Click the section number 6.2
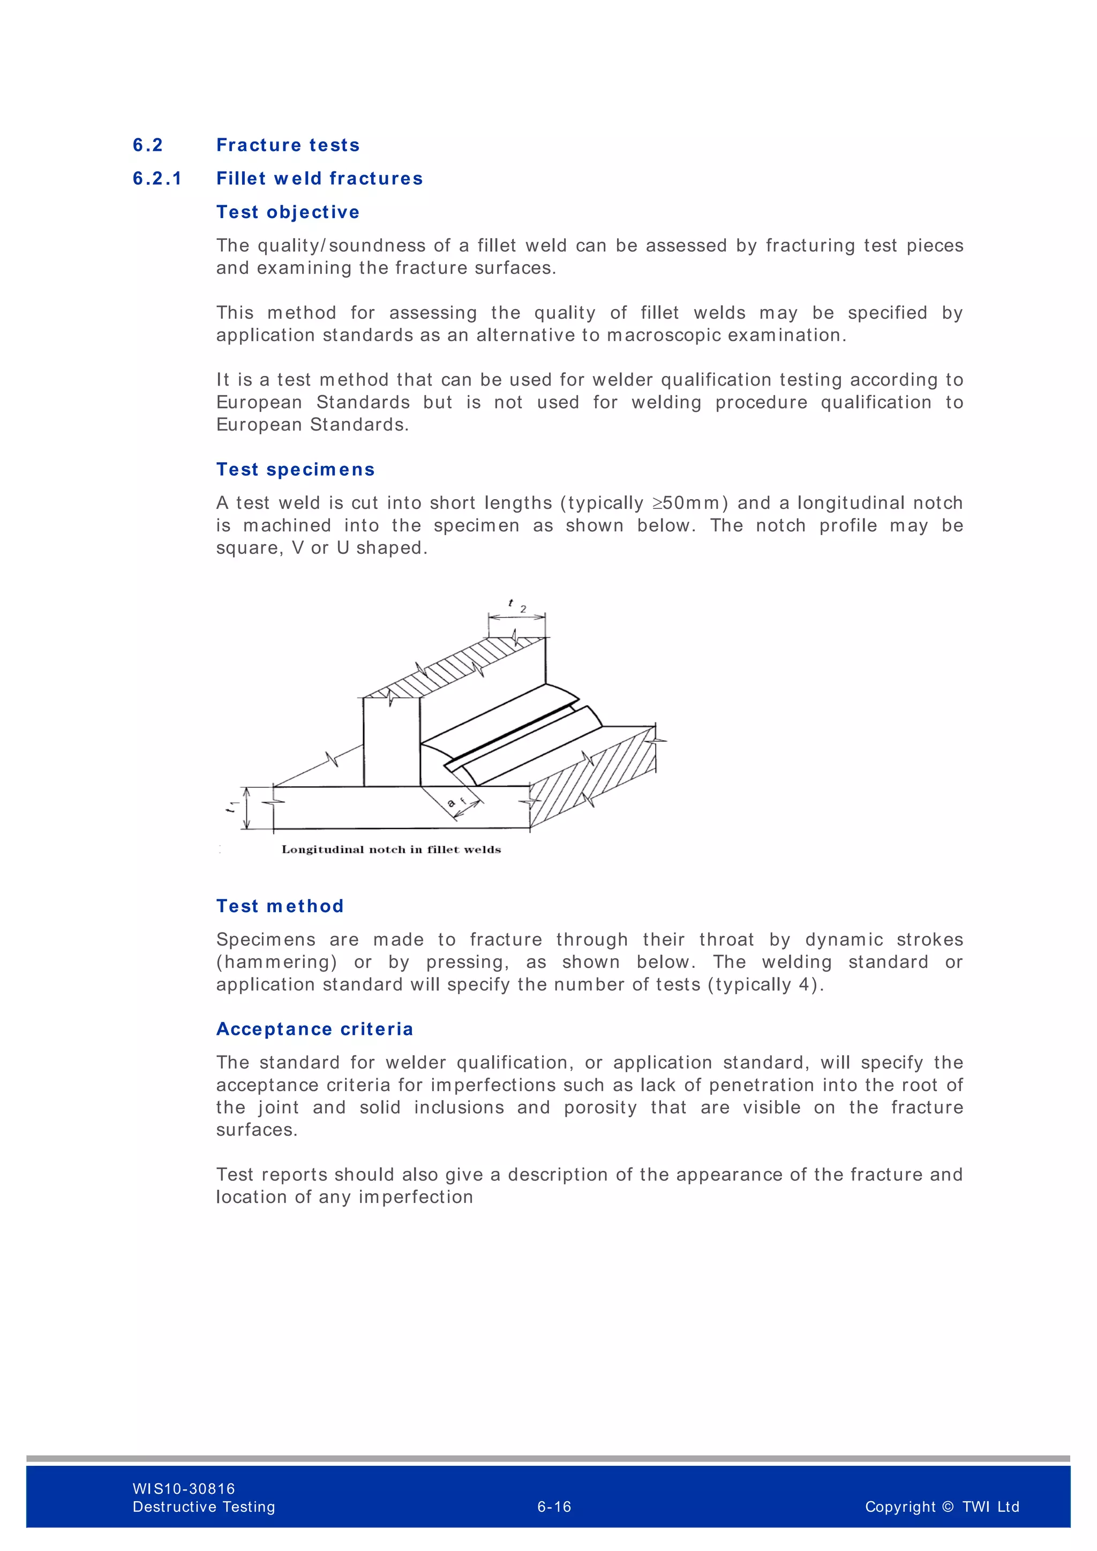(x=148, y=145)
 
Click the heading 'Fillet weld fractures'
(x=319, y=178)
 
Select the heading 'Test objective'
(x=288, y=212)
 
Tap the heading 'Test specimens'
(x=295, y=470)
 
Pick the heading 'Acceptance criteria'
(x=315, y=1029)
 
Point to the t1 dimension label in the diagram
(x=232, y=806)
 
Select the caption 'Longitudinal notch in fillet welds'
(x=391, y=850)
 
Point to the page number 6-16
(x=554, y=1507)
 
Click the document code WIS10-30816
(x=184, y=1488)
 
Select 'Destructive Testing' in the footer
(x=204, y=1507)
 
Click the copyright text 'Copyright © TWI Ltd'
(x=942, y=1507)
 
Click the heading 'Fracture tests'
(x=288, y=145)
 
